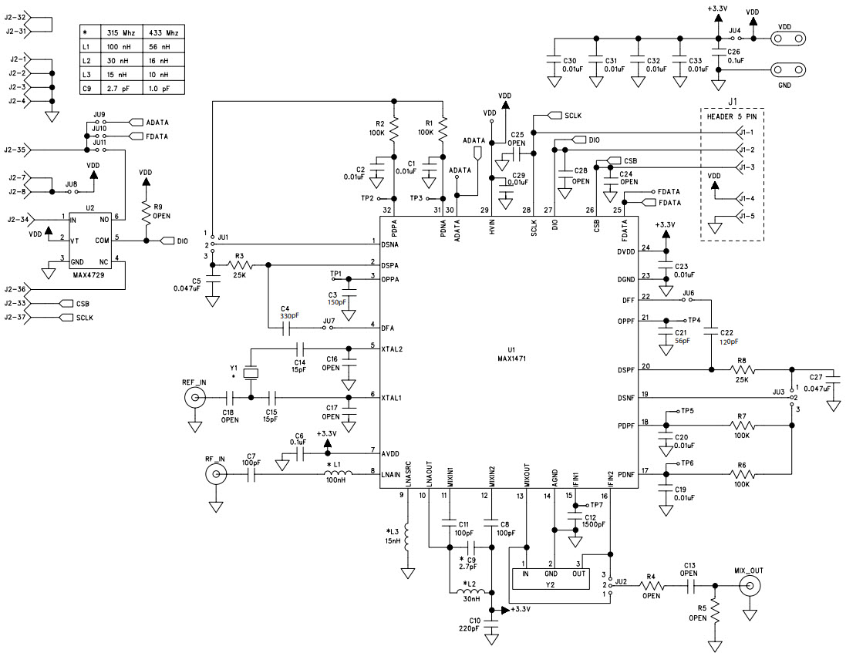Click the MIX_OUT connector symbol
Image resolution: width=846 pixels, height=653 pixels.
click(x=749, y=587)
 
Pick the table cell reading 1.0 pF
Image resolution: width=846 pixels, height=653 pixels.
click(x=164, y=89)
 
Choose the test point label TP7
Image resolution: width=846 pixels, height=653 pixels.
click(x=597, y=505)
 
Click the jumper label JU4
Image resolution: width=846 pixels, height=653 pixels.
click(x=735, y=30)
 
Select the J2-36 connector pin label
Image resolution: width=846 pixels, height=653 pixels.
click(x=15, y=290)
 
